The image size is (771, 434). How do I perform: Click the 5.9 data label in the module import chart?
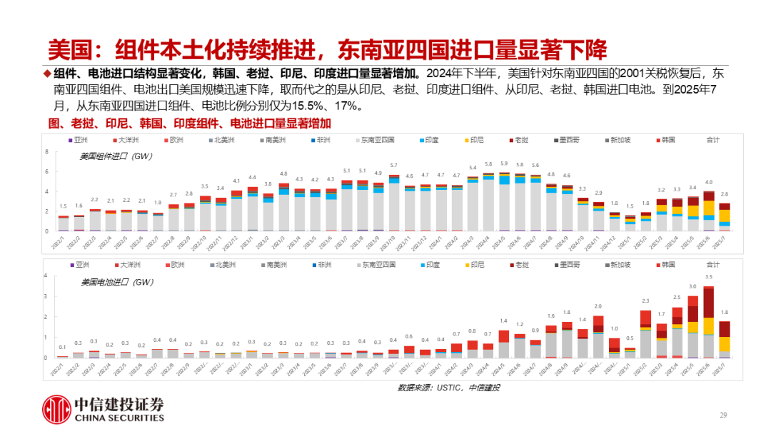point(504,163)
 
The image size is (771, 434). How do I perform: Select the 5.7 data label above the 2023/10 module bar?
point(393,166)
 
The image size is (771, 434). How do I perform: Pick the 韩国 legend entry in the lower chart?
point(667,264)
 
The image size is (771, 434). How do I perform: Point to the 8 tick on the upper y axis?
point(46,152)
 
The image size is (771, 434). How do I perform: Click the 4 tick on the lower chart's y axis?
point(46,276)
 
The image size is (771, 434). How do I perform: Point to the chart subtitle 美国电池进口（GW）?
point(107,281)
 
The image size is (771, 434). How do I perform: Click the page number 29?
point(722,415)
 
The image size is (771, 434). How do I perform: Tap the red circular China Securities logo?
point(55,409)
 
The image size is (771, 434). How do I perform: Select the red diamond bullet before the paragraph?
point(47,74)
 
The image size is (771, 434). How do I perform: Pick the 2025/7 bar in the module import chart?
point(724,216)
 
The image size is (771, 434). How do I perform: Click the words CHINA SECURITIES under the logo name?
point(119,418)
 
